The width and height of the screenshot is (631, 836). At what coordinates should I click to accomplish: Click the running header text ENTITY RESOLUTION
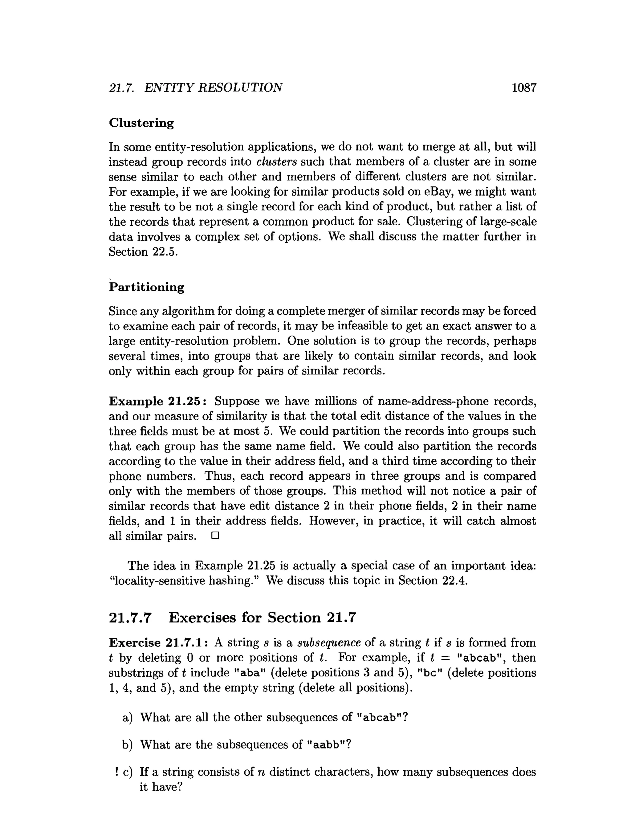coord(213,88)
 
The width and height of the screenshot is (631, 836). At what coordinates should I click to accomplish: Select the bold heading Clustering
coord(141,123)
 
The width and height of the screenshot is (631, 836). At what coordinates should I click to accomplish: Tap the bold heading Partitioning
coord(147,287)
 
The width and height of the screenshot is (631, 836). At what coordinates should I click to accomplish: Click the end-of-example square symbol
coord(215,536)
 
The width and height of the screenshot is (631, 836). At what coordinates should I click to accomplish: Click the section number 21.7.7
coord(130,618)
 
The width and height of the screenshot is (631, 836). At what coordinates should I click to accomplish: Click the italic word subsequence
coord(329,643)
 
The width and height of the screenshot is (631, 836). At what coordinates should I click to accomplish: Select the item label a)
coord(127,717)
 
